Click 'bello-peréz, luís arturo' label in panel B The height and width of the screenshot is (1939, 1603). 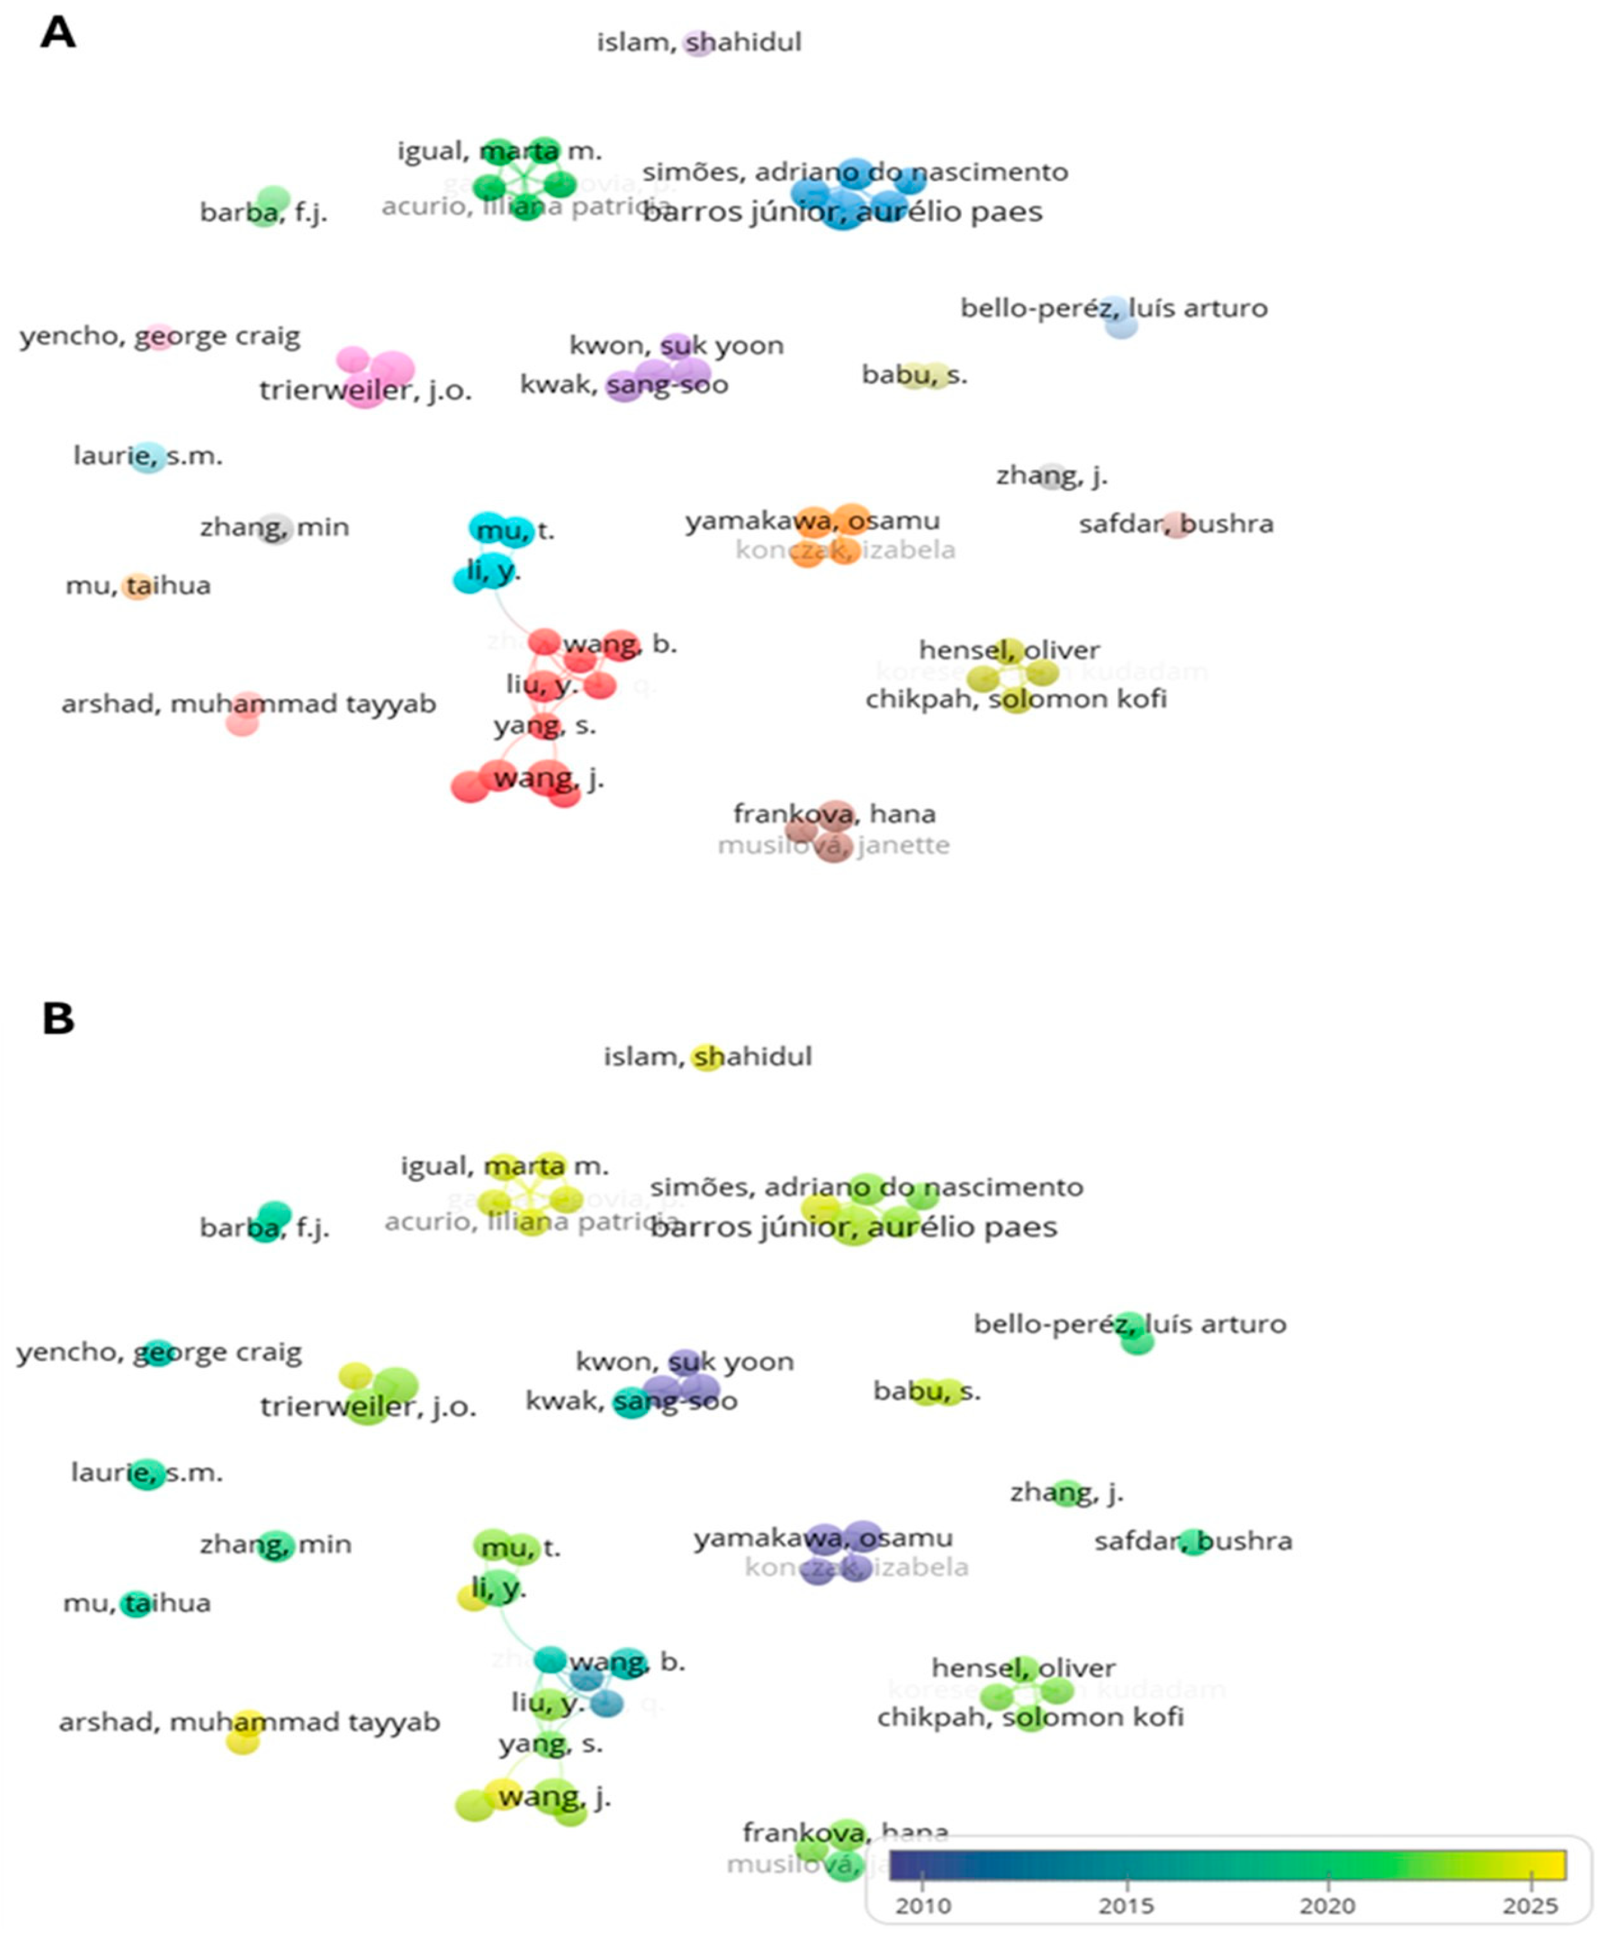click(1129, 1324)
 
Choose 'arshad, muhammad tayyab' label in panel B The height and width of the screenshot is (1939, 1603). click(249, 1722)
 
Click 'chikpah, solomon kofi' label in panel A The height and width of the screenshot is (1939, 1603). click(1016, 699)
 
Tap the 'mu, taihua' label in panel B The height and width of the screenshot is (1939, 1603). click(137, 1603)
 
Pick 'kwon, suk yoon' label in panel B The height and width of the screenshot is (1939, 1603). click(684, 1362)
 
